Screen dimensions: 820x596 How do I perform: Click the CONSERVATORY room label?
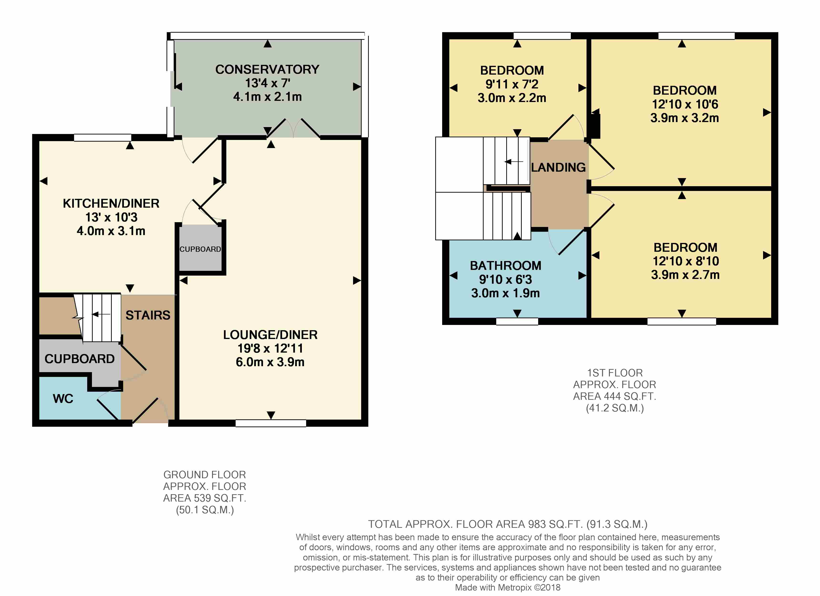click(267, 69)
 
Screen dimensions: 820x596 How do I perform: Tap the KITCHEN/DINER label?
click(111, 203)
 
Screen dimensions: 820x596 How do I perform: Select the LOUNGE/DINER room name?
click(270, 335)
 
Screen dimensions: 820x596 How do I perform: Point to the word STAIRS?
click(148, 315)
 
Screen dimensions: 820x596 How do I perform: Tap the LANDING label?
click(558, 167)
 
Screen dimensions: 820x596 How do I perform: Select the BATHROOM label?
click(506, 266)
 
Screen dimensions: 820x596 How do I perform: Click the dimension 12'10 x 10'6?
click(685, 104)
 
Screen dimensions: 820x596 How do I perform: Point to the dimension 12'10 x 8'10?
click(685, 261)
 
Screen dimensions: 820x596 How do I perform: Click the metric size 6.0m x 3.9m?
click(270, 362)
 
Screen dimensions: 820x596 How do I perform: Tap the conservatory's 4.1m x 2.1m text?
click(267, 97)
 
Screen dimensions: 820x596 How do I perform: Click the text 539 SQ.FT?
click(220, 498)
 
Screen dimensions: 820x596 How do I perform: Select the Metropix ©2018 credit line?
click(508, 587)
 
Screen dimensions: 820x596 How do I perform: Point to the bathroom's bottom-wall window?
click(517, 321)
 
